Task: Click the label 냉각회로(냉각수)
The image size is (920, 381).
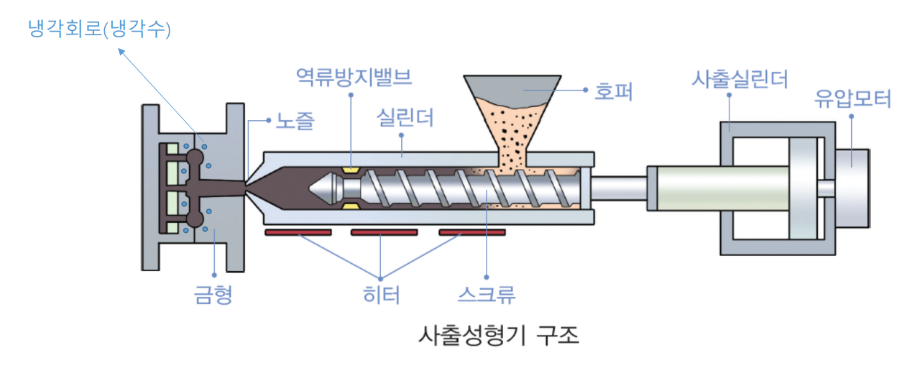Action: coord(99,29)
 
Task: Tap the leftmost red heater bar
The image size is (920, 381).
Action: coord(298,232)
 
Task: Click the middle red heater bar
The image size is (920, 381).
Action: coord(384,232)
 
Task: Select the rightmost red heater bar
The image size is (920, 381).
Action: coord(471,232)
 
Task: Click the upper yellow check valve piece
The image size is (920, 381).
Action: coord(351,170)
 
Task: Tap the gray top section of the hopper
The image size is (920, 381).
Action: coord(512,86)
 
